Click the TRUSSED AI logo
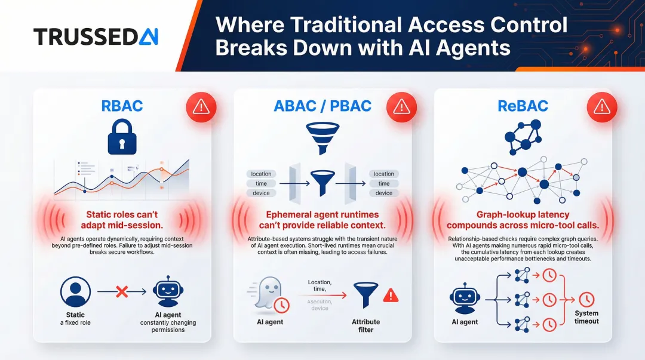(x=96, y=36)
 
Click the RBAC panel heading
(x=122, y=106)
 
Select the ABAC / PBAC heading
(x=322, y=106)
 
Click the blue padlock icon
(x=122, y=137)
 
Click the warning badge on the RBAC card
(x=201, y=106)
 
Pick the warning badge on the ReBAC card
(x=601, y=106)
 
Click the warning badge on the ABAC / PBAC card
(x=401, y=106)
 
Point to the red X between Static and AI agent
(x=121, y=292)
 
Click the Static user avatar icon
(x=76, y=292)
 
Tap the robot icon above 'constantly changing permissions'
(x=168, y=292)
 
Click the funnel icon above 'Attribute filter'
(x=365, y=294)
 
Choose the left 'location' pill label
(x=261, y=174)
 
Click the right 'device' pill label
(x=384, y=193)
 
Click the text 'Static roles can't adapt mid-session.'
(x=122, y=219)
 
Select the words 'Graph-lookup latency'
(x=523, y=214)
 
